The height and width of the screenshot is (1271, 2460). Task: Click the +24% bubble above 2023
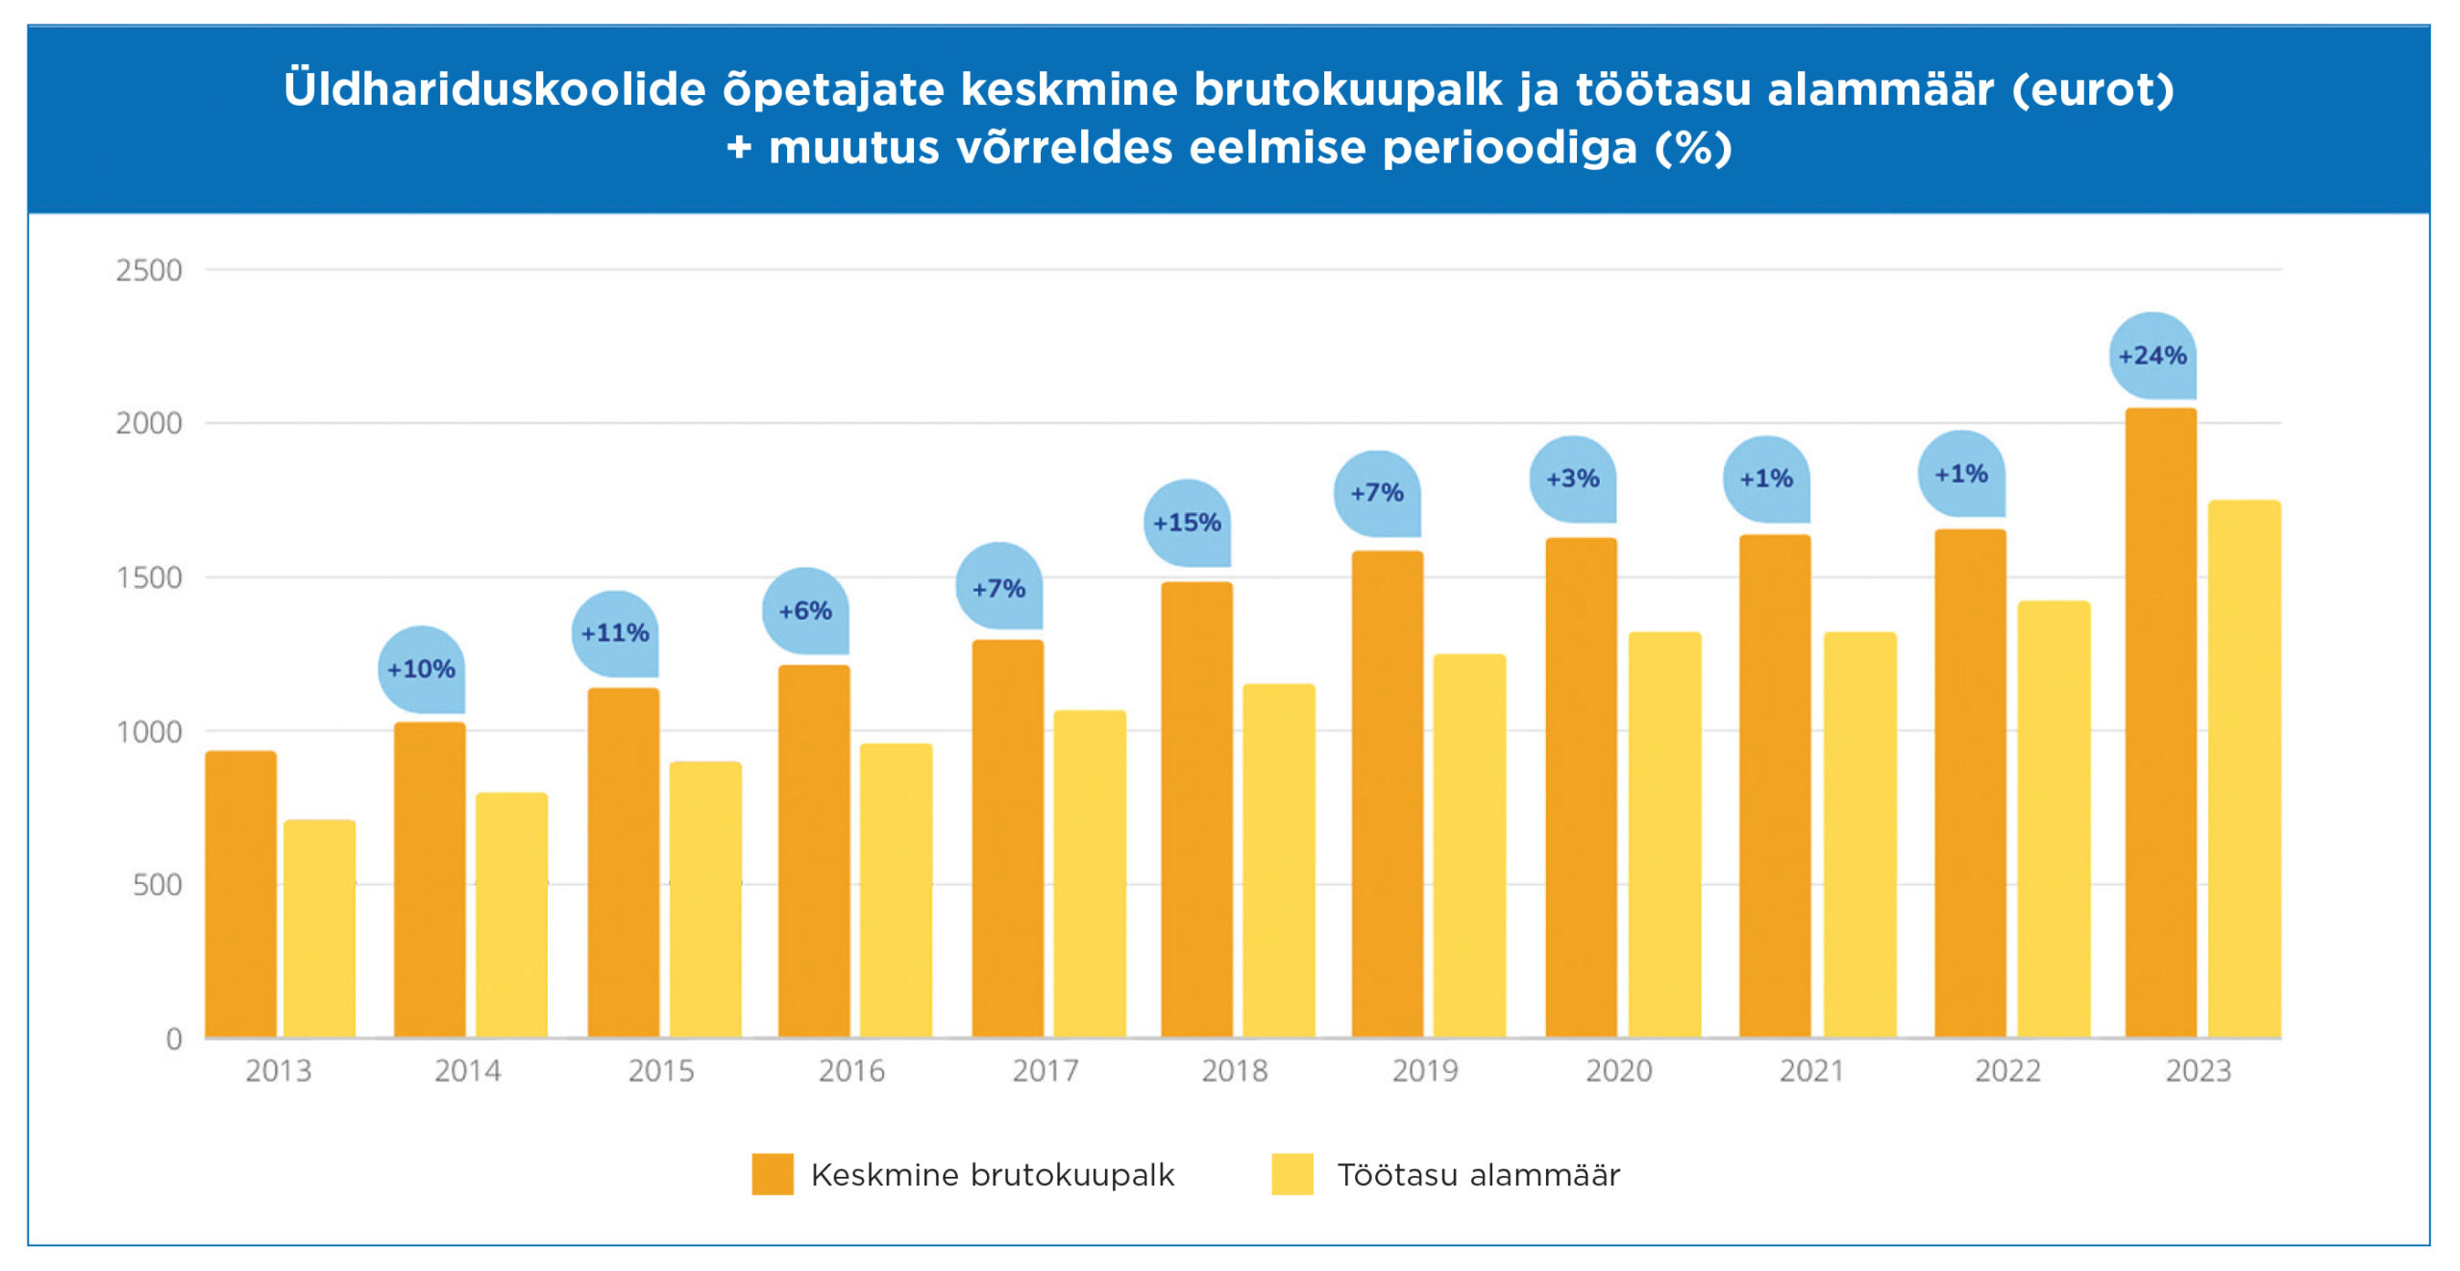coord(2152,355)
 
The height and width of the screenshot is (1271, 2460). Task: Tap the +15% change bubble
coord(1187,523)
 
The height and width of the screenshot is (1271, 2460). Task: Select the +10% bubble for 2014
coord(421,669)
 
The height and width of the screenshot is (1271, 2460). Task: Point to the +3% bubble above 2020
coord(1572,478)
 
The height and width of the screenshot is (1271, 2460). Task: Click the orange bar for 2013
coord(240,893)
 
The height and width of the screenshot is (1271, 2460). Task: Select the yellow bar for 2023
coord(2244,769)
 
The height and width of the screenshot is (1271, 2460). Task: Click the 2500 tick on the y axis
coord(149,271)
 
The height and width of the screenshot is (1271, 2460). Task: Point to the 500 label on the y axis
coord(158,885)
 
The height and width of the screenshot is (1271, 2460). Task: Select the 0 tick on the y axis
coord(174,1039)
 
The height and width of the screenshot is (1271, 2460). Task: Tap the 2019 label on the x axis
coord(1425,1070)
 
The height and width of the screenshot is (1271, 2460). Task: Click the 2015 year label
coord(661,1070)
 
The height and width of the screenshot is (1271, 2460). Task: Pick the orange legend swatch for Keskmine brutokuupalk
coord(773,1174)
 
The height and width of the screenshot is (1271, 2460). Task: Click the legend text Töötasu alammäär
coord(1478,1175)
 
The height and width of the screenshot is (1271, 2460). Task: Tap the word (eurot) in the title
coord(2092,89)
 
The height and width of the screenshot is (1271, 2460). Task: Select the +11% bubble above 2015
coord(615,633)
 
